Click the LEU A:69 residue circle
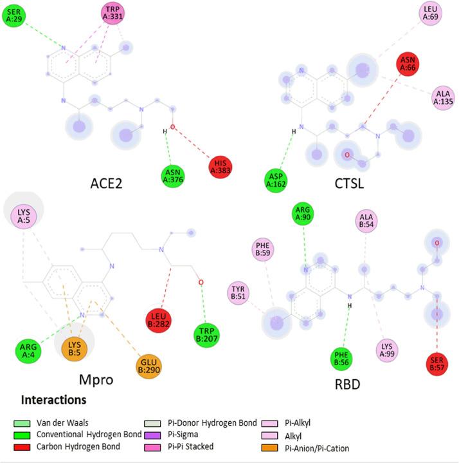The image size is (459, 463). pyautogui.click(x=431, y=12)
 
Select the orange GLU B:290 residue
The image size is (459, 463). pyautogui.click(x=148, y=367)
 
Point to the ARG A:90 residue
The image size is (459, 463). pyautogui.click(x=301, y=213)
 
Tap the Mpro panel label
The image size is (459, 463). pyautogui.click(x=95, y=379)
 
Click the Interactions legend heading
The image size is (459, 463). pyautogui.click(x=54, y=399)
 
